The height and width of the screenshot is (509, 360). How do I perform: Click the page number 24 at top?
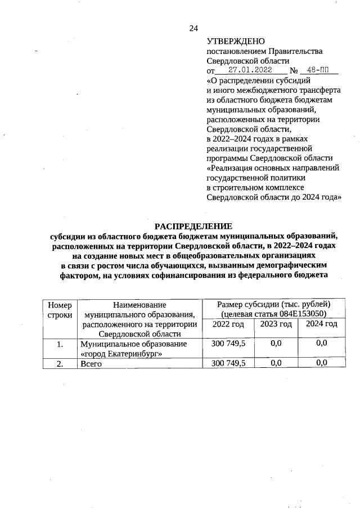pyautogui.click(x=193, y=28)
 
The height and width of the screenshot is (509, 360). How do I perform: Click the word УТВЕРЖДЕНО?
pyautogui.click(x=235, y=42)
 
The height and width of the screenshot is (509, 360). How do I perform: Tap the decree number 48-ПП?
pyautogui.click(x=318, y=70)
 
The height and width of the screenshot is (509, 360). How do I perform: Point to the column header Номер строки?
pyautogui.click(x=59, y=310)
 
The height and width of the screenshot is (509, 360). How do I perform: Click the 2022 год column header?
pyautogui.click(x=228, y=325)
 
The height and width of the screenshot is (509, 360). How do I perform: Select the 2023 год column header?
pyautogui.click(x=276, y=324)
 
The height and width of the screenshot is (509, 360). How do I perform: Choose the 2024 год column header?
pyautogui.click(x=321, y=324)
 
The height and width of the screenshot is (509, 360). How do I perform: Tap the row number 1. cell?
pyautogui.click(x=59, y=343)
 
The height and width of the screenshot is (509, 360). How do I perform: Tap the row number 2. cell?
pyautogui.click(x=59, y=363)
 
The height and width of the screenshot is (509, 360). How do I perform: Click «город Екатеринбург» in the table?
pyautogui.click(x=121, y=353)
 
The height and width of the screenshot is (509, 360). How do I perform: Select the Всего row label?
pyautogui.click(x=91, y=363)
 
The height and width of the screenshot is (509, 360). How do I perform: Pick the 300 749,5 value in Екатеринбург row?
pyautogui.click(x=228, y=343)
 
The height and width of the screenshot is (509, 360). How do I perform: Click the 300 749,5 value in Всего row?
pyautogui.click(x=228, y=363)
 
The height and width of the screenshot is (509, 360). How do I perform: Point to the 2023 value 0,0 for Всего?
pyautogui.click(x=276, y=363)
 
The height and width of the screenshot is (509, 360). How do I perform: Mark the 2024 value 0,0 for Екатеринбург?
pyautogui.click(x=321, y=343)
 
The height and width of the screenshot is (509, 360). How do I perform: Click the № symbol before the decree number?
pyautogui.click(x=293, y=71)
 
